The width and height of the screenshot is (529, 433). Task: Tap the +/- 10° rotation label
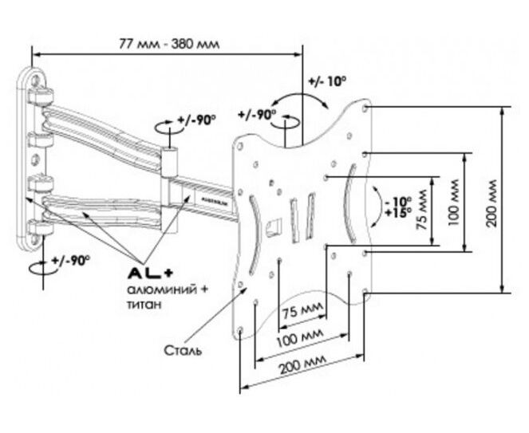click(x=326, y=81)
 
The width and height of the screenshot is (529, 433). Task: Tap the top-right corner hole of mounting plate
click(x=365, y=106)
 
